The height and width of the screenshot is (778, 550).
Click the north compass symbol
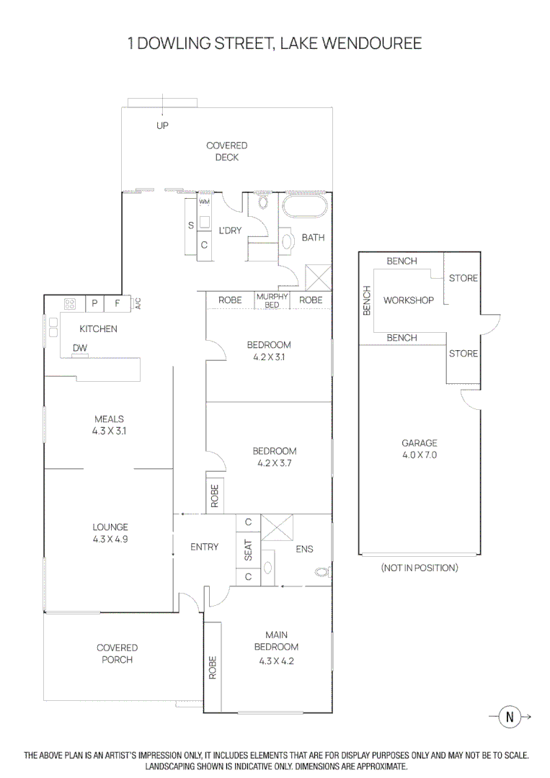click(x=510, y=716)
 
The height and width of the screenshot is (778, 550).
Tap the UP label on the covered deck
click(x=162, y=125)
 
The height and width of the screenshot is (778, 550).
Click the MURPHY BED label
click(x=272, y=300)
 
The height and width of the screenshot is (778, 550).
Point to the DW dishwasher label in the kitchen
click(x=80, y=348)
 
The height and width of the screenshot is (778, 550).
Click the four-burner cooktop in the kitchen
click(x=71, y=304)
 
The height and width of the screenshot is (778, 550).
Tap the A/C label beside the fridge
click(x=138, y=303)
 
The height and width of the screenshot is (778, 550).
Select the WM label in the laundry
click(x=204, y=202)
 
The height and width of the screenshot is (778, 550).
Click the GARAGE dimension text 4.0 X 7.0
click(x=419, y=455)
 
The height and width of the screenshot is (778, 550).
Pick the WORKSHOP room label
click(x=409, y=300)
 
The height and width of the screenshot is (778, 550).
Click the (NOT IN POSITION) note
click(x=419, y=568)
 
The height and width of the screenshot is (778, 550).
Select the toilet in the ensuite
click(x=322, y=572)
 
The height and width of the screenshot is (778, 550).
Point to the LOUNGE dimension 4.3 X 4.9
click(x=110, y=539)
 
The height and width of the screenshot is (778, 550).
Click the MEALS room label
click(x=109, y=419)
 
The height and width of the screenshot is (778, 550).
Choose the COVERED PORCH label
click(x=117, y=653)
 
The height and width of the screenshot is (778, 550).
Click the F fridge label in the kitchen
click(x=117, y=303)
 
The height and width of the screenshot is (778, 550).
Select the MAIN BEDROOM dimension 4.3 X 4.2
click(x=276, y=661)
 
